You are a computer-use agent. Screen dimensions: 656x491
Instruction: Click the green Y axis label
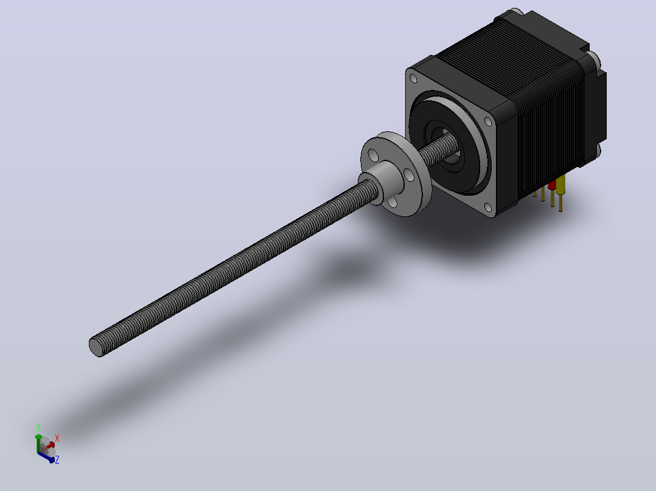click(x=38, y=428)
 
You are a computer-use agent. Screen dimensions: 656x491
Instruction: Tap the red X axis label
click(x=57, y=438)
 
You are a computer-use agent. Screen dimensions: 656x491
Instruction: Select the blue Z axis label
click(x=57, y=459)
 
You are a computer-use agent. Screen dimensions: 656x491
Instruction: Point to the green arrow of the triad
click(x=38, y=442)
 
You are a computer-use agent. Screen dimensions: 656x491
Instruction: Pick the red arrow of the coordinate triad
click(x=48, y=446)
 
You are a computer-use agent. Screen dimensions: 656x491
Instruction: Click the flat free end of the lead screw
click(x=96, y=347)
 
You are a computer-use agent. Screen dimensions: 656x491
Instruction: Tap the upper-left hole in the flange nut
click(x=374, y=156)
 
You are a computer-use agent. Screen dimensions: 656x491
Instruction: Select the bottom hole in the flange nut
click(x=392, y=203)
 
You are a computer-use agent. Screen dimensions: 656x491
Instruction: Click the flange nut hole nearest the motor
click(x=411, y=176)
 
